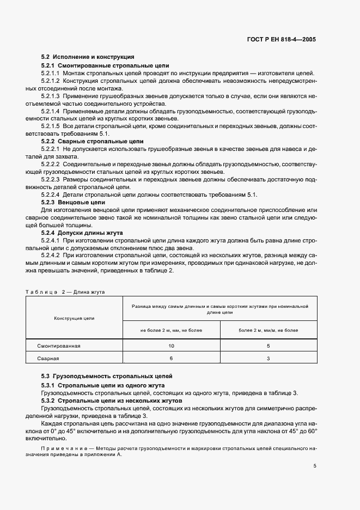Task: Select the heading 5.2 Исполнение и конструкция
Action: (88, 57)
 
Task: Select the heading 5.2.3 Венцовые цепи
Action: (74, 202)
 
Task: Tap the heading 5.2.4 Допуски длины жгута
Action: (81, 233)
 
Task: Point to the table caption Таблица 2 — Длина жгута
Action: (65, 292)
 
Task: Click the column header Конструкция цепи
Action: (74, 318)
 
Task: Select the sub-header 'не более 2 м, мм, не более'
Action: (171, 330)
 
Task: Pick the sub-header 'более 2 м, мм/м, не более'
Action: (268, 330)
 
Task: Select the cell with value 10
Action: (171, 346)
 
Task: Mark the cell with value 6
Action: (171, 359)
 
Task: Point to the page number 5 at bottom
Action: (315, 466)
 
